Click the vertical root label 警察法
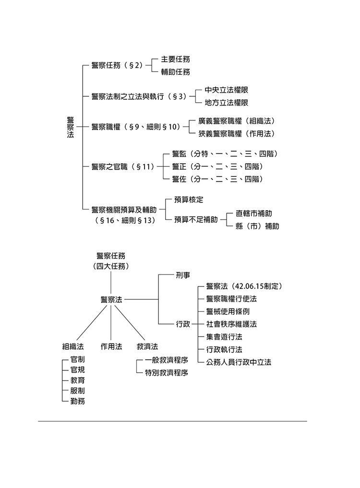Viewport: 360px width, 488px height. coord(70,127)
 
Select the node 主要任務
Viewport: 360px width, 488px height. coord(175,59)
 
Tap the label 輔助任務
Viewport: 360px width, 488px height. coord(175,72)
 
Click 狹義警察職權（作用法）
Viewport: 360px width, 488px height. coord(240,133)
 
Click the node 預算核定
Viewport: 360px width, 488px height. coord(189,199)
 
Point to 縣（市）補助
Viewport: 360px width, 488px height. coord(257,226)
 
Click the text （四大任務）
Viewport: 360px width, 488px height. coord(111,265)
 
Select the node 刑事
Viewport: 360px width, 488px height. coord(183,275)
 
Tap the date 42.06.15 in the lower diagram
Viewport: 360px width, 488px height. coord(252,286)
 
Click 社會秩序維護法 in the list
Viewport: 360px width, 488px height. coord(231,324)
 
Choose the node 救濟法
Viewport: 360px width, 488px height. coord(147,346)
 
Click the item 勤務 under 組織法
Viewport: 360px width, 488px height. coord(78,401)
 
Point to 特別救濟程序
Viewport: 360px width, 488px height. coord(166,372)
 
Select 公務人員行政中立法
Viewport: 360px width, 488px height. coord(239,362)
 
